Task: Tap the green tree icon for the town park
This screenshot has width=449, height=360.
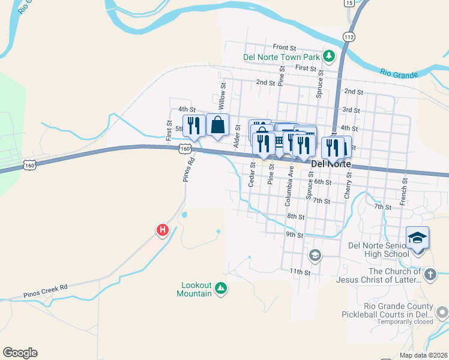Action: (328, 56)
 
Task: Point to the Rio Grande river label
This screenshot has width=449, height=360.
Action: (399, 74)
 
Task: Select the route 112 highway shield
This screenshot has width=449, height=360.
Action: (349, 37)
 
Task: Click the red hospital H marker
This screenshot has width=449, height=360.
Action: (161, 229)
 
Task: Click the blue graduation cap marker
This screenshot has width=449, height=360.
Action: (418, 238)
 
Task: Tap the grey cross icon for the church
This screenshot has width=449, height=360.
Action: (429, 275)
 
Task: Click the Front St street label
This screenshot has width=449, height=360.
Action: (285, 47)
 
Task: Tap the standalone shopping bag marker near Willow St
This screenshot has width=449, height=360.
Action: (217, 125)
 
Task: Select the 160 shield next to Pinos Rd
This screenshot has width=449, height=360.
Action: (186, 149)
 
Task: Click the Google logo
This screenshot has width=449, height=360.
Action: (20, 353)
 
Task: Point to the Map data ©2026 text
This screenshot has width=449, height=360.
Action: (423, 355)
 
